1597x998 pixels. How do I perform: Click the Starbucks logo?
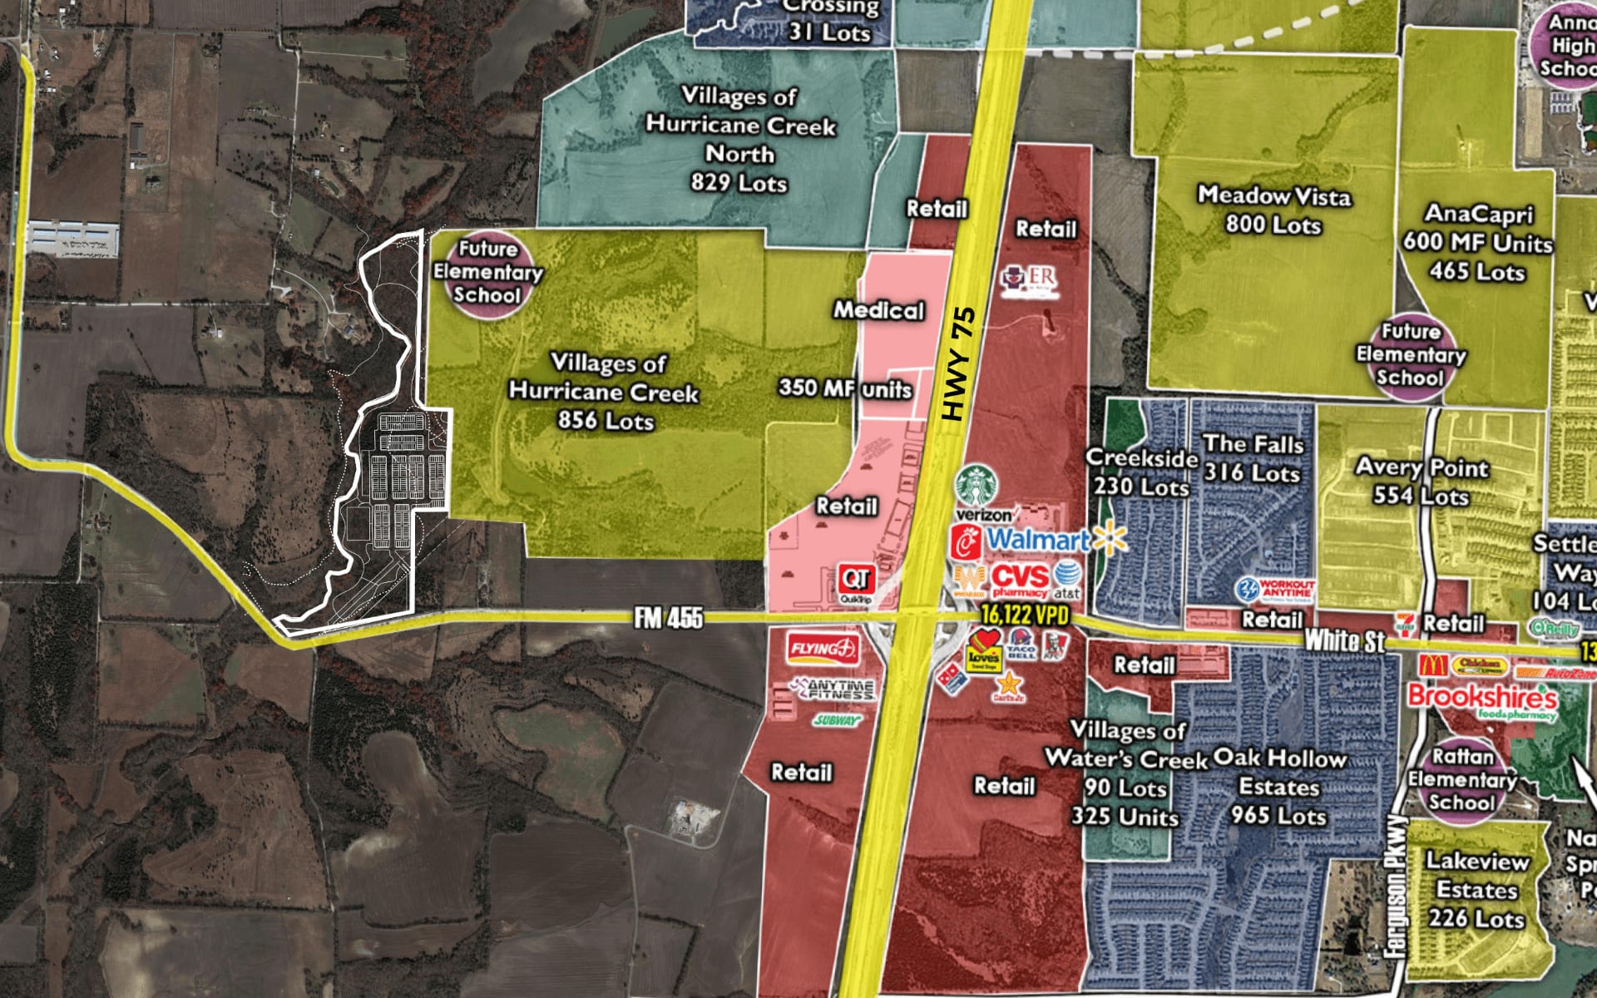976,486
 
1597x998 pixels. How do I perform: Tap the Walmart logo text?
1037,540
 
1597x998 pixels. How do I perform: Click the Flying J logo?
823,649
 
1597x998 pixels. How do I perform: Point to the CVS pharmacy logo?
1021,580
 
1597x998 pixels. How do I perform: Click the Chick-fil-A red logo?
967,543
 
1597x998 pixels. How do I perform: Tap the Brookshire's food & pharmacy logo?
1481,699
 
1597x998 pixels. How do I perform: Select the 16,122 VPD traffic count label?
1025,615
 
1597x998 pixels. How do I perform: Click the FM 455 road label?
668,618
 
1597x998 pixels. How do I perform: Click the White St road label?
1344,640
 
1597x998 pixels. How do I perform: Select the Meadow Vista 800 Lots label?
1273,210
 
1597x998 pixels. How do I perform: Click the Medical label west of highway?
879,310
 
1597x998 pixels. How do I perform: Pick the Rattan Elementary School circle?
1461,779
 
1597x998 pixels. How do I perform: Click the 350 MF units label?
845,388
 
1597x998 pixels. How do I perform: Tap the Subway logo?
836,720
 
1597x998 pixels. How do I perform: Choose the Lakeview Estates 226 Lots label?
1477,889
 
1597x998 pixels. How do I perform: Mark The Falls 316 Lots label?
1253,458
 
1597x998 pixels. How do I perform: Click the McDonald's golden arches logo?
1433,665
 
